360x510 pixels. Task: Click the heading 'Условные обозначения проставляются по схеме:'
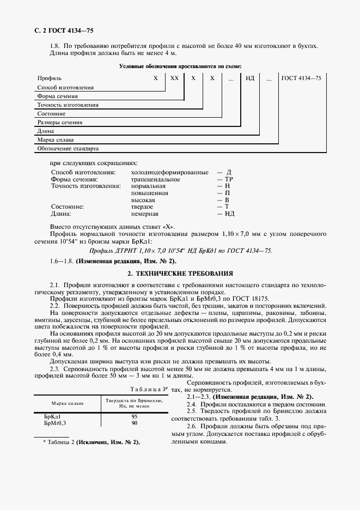[180, 66]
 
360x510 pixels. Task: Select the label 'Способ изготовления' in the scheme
[65, 87]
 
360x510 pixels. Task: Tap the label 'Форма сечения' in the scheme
[57, 96]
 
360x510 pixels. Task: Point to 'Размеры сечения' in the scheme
[60, 123]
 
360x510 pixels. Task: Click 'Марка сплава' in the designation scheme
[55, 140]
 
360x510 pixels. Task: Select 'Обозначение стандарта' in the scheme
[68, 148]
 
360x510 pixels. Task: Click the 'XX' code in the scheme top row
[174, 78]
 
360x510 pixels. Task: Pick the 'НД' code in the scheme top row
[250, 78]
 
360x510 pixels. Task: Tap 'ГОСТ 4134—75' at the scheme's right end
[301, 78]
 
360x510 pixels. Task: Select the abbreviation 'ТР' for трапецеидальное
[229, 179]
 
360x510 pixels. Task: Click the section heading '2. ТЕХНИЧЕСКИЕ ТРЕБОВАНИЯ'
[180, 272]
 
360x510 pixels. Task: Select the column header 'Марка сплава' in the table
[68, 404]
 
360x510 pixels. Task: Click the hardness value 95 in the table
[134, 416]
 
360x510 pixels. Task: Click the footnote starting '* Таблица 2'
[91, 442]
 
